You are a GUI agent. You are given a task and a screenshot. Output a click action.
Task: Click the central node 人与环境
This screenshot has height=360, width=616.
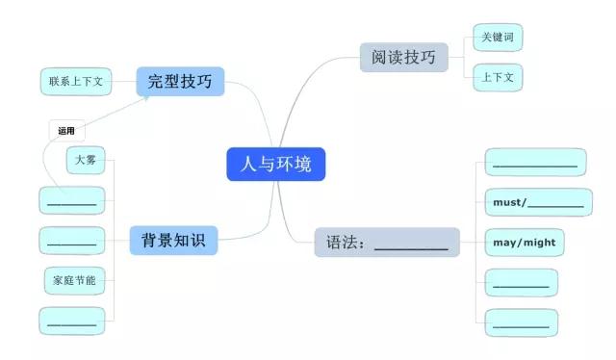276,164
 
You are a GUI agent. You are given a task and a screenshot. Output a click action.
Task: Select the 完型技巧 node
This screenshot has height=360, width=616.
180,82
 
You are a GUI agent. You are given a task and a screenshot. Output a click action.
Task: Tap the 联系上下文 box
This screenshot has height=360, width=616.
76,82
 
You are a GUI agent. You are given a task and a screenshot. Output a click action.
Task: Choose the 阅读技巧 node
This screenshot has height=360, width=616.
403,58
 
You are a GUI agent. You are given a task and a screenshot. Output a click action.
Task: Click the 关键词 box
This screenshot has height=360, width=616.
497,39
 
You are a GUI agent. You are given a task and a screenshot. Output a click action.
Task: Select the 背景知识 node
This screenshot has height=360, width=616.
173,240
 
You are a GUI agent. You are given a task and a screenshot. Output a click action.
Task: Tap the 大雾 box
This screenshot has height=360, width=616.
85,161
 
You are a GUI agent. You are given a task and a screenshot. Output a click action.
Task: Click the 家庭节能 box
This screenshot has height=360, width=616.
71,280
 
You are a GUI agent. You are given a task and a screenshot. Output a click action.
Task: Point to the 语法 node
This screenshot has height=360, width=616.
387,243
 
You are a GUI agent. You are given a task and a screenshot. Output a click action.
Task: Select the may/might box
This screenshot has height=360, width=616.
524,243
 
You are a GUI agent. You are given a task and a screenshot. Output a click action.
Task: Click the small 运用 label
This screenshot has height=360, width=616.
65,130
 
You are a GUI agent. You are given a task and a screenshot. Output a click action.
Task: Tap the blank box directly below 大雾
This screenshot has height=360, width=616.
71,200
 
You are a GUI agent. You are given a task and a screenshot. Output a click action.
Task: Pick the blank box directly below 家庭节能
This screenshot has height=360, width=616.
71,321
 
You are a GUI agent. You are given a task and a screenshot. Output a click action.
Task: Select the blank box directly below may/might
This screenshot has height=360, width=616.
521,283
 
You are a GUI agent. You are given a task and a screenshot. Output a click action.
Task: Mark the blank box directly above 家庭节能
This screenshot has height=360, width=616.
71,240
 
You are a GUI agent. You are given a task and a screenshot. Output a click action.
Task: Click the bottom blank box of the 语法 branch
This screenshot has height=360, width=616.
521,322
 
